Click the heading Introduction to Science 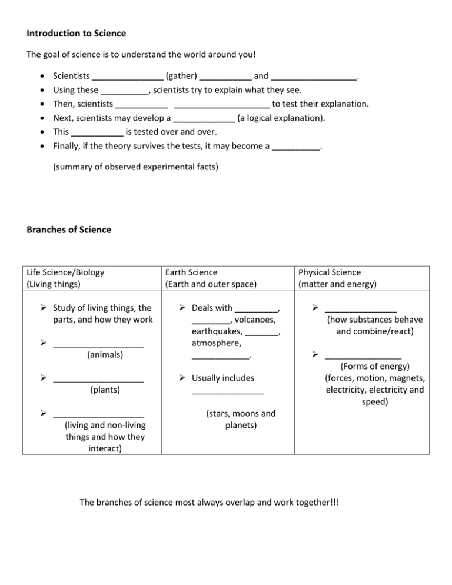[77, 34]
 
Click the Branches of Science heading [69, 230]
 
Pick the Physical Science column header [330, 272]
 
